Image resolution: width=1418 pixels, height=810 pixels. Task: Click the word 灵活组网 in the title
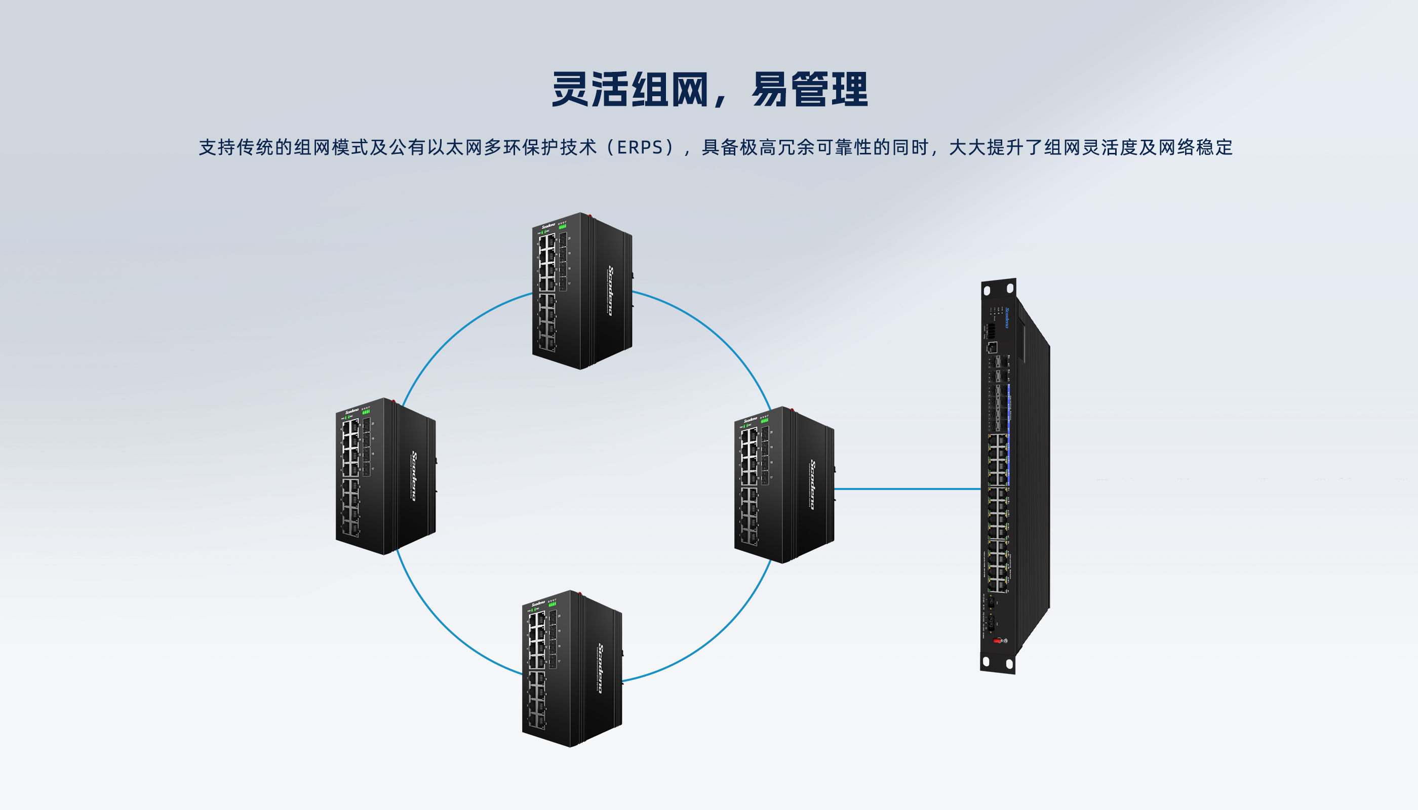click(x=629, y=89)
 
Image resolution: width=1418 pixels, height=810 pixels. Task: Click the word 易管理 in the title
click(x=809, y=89)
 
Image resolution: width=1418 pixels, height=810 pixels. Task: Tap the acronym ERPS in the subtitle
click(x=640, y=147)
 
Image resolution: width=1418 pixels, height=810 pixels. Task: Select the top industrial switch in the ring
click(x=581, y=291)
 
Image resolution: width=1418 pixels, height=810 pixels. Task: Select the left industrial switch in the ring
click(x=385, y=476)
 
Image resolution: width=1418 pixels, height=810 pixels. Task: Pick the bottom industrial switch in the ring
click(x=572, y=668)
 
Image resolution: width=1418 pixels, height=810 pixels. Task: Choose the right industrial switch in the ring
click(x=783, y=484)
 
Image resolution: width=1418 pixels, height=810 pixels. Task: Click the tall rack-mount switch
click(x=1010, y=476)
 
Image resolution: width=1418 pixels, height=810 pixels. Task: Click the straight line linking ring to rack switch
click(x=907, y=489)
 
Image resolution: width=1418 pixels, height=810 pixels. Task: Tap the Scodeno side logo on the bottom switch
click(x=601, y=668)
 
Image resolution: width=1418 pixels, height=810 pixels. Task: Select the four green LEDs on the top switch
click(x=563, y=226)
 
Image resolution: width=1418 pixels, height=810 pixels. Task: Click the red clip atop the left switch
click(x=393, y=401)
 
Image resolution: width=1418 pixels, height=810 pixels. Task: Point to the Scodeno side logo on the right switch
click(x=812, y=484)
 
